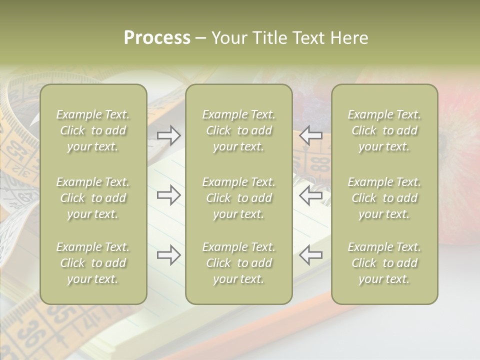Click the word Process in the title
(157, 38)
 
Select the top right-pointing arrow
(168, 135)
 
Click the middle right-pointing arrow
(168, 195)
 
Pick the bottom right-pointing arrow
(168, 255)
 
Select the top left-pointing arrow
(311, 135)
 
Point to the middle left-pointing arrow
(311, 195)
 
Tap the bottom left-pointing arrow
(311, 255)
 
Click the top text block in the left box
(93, 130)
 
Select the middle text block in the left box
(93, 198)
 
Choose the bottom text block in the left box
(93, 263)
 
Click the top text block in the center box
(239, 130)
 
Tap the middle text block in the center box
(239, 198)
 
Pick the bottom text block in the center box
(239, 263)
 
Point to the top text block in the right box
(384, 130)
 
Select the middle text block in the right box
(384, 198)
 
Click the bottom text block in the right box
(384, 263)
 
